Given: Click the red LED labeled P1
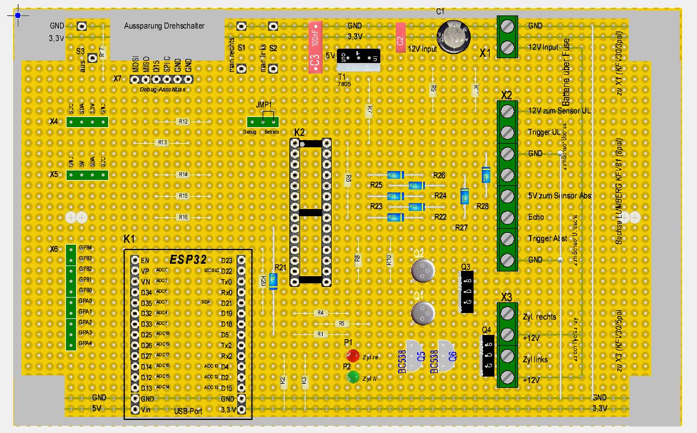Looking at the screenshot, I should click(353, 356).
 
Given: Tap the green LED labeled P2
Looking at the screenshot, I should click(353, 377).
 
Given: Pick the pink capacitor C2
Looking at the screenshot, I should click(400, 37).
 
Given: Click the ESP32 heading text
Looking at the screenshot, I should click(188, 260).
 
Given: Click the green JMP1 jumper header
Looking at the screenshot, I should click(263, 122).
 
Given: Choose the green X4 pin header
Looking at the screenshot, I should click(87, 122).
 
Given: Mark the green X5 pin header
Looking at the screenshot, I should click(87, 175).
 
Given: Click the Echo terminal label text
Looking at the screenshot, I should click(536, 217).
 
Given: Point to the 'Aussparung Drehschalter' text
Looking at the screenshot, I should click(164, 26).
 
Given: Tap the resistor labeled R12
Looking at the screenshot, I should click(183, 122).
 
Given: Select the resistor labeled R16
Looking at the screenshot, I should click(183, 217).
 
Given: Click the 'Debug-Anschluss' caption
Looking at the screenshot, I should click(163, 90).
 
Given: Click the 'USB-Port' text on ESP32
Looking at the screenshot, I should click(189, 410).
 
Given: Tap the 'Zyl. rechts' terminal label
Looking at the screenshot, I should click(540, 317).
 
